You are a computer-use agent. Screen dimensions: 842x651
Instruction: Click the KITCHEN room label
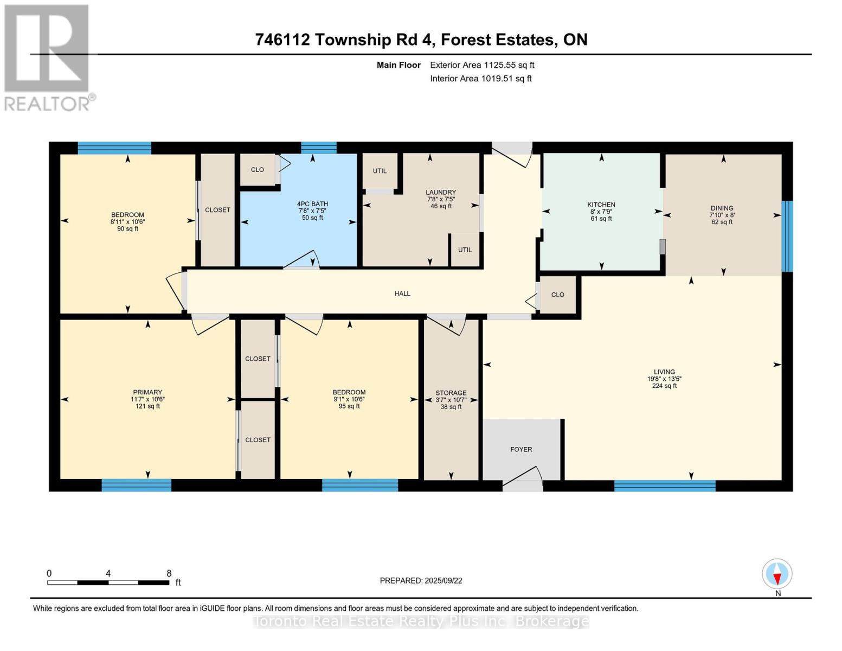click(x=601, y=205)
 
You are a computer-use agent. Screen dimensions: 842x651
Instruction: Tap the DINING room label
click(x=722, y=208)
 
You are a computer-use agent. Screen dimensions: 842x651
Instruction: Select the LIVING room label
click(x=664, y=372)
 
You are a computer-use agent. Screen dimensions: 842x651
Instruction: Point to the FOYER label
click(x=521, y=449)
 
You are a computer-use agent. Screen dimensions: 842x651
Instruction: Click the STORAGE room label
click(x=451, y=392)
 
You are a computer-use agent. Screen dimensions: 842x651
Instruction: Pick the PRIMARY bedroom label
click(x=147, y=392)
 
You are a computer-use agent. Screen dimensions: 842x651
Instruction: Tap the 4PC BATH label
click(x=312, y=203)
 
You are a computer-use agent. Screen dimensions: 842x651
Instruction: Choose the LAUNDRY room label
click(x=441, y=192)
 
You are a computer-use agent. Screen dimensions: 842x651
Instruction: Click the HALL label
click(x=402, y=293)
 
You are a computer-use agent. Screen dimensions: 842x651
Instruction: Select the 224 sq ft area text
click(x=664, y=386)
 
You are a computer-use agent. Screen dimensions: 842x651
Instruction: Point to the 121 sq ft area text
click(x=147, y=406)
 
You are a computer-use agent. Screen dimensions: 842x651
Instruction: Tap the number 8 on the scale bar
click(x=169, y=573)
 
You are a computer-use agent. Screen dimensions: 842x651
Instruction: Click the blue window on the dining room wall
click(x=787, y=236)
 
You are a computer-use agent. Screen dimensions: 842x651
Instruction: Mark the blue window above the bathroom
click(x=318, y=148)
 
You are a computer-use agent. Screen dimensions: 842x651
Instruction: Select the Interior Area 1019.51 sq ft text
click(x=480, y=78)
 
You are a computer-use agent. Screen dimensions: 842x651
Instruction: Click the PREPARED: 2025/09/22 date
click(x=421, y=580)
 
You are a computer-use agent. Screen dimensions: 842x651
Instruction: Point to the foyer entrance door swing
click(x=523, y=477)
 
